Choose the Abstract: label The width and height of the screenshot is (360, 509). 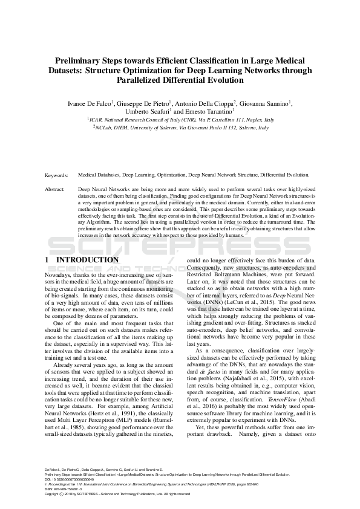(x=56, y=190)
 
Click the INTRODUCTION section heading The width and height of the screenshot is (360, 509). (x=87, y=260)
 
